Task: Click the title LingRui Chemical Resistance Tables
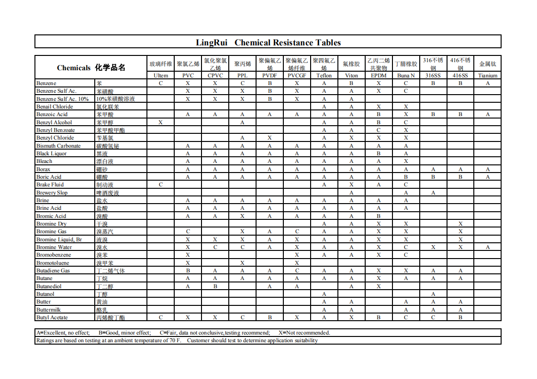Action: (268, 43)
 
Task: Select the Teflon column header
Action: (324, 76)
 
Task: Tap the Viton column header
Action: (351, 76)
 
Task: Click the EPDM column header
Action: (379, 76)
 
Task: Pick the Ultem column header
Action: (161, 76)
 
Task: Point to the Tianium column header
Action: (488, 76)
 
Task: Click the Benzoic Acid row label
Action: (52, 115)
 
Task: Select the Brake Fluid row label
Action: (50, 184)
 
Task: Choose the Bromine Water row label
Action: (54, 247)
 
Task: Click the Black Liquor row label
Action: (52, 153)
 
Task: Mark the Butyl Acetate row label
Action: (52, 317)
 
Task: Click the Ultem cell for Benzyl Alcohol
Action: (161, 122)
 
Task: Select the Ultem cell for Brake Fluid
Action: (161, 184)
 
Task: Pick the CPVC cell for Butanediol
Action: (215, 286)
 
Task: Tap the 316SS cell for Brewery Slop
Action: (433, 193)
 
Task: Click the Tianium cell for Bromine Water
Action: (488, 247)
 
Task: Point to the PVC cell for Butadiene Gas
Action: (188, 271)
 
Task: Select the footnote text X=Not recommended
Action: (304, 333)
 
